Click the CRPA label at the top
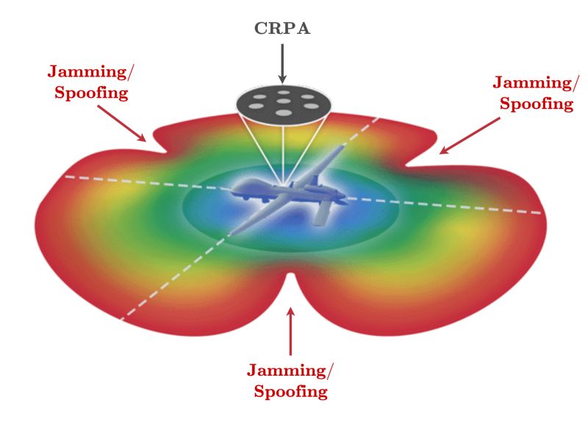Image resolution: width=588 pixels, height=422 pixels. coord(282,29)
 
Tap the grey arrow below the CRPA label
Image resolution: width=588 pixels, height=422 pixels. coord(282,63)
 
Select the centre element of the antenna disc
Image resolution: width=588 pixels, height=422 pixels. coord(283,101)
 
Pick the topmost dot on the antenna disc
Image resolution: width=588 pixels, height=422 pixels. coord(284,93)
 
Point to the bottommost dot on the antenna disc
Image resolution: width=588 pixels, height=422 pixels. coord(283,113)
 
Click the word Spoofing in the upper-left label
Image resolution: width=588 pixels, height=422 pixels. coord(91,93)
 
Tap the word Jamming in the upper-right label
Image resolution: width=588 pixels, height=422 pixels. coord(532,82)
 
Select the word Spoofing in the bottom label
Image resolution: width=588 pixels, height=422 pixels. coord(290,391)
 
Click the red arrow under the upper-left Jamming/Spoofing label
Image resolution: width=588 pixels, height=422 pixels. coord(122,124)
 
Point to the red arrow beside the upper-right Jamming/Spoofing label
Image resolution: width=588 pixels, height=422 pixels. coord(470,135)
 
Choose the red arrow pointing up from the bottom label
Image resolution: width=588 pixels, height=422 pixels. coord(290,331)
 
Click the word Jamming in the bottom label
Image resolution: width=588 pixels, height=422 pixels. coord(287,370)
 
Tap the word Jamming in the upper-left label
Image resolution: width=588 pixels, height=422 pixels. coord(87,71)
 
